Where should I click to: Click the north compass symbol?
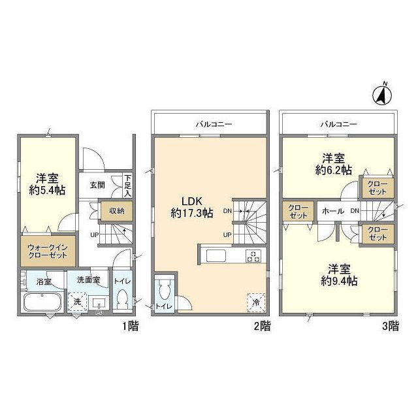382,95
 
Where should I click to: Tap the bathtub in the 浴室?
42,302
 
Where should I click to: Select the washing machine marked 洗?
77,302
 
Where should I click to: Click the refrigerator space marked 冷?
256,302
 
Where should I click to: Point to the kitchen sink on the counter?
216,255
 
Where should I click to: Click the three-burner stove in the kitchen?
253,256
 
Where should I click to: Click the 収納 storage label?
117,211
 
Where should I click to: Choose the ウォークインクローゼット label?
48,251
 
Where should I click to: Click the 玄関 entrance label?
97,185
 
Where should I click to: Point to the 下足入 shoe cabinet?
128,185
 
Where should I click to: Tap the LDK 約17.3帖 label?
191,207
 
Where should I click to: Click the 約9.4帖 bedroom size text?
339,281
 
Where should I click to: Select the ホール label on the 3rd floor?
333,211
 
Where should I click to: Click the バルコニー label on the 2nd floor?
214,124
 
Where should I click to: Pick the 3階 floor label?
391,326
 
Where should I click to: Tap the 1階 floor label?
131,326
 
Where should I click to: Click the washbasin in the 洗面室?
99,303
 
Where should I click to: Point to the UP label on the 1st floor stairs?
94,235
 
